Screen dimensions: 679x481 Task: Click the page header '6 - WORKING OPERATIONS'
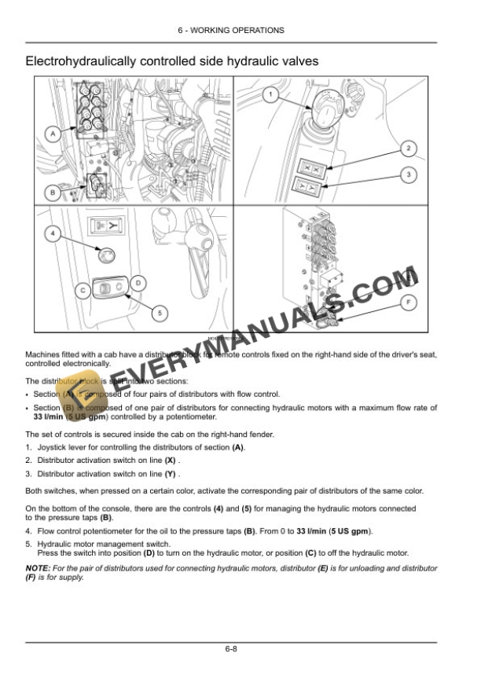click(240, 31)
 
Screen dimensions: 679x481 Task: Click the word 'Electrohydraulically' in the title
click(76, 61)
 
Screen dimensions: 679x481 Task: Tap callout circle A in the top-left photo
click(53, 134)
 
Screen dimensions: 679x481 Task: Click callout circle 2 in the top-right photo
click(408, 148)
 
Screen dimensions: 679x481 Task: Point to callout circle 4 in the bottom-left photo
click(51, 233)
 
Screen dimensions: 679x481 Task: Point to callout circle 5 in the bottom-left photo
click(160, 313)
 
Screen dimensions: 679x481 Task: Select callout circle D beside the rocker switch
click(137, 282)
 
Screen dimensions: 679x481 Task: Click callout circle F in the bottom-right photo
click(409, 301)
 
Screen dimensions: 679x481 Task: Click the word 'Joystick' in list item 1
click(52, 446)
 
